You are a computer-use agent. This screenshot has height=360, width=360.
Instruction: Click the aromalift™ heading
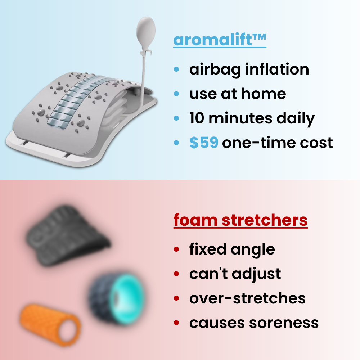[x=220, y=40]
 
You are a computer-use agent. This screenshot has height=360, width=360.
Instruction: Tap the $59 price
[x=204, y=143]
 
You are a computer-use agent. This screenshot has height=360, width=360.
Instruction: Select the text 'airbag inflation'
[x=249, y=69]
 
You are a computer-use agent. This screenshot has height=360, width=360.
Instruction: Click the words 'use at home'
[x=238, y=94]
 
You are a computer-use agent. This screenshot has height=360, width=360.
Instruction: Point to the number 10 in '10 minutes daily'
[x=197, y=118]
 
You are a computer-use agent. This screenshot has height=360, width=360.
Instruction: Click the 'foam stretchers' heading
[x=240, y=220]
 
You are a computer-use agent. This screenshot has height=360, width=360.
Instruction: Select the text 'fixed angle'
[x=232, y=249]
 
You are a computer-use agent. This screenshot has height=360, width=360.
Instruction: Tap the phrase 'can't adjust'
[x=235, y=274]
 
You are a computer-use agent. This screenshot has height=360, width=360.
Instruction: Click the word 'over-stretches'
[x=247, y=298]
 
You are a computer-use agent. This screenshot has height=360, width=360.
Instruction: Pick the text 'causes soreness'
[x=254, y=323]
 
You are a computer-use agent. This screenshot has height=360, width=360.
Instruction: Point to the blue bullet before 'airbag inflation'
[x=176, y=69]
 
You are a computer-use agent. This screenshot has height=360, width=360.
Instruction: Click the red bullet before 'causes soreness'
[x=176, y=323]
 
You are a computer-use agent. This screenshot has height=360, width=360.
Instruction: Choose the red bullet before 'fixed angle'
[x=176, y=249]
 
